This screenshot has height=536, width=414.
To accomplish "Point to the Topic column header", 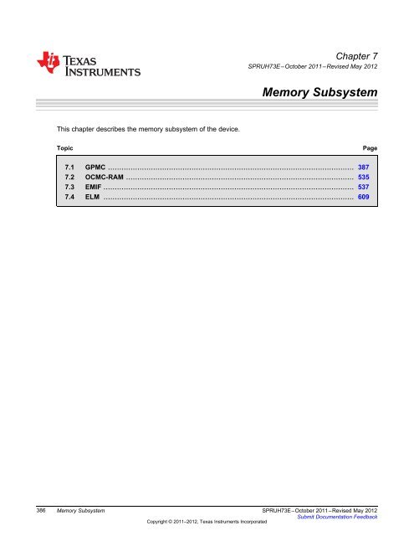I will coord(65,147).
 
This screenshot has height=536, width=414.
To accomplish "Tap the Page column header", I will coord(371,147).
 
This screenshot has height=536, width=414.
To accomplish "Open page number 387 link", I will coord(364,167).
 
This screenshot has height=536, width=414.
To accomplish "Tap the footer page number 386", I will coord(39,509).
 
